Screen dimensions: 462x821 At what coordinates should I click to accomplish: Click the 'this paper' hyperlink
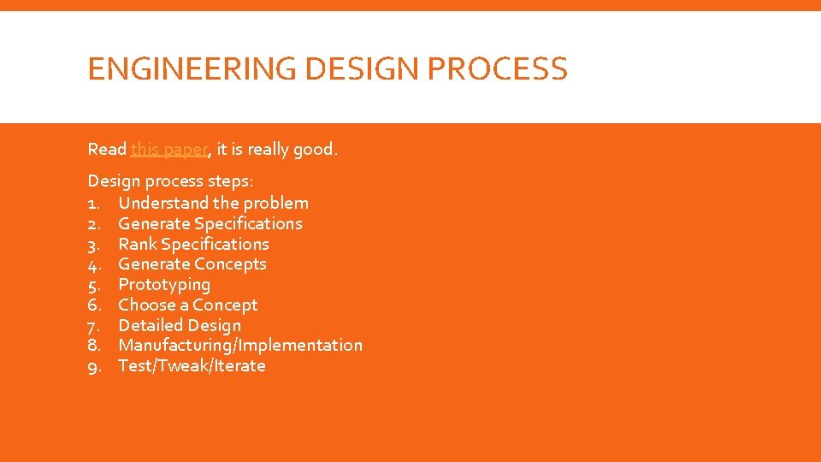(168, 150)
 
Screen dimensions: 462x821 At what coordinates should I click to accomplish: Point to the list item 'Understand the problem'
(213, 203)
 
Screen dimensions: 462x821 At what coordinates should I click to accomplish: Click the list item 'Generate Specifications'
(210, 223)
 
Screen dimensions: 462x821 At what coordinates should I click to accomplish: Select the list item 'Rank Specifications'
(193, 244)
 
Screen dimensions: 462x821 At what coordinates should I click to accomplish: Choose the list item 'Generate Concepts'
(192, 264)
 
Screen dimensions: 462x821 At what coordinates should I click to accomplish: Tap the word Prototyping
(163, 285)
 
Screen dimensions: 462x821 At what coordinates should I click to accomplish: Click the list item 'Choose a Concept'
(187, 305)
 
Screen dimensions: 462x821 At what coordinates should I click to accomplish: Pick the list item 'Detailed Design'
(179, 326)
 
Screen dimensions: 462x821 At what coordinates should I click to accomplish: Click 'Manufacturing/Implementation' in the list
(239, 346)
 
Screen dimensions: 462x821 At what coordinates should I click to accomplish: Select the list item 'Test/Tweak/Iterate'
(192, 366)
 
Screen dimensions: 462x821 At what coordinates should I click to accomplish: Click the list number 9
(94, 366)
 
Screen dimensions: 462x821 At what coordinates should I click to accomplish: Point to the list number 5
(94, 285)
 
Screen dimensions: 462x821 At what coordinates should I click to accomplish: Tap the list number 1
(94, 203)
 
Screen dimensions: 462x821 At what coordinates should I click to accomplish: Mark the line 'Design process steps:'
(158, 181)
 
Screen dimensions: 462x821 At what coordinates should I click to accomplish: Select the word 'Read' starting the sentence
(107, 150)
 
